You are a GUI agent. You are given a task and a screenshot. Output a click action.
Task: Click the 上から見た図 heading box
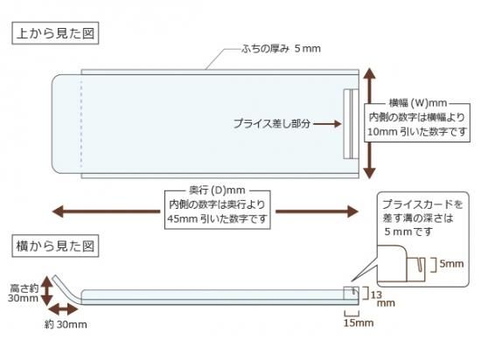55,33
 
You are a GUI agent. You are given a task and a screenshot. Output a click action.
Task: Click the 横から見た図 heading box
55,246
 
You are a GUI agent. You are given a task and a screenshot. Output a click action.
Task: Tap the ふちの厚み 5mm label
281,48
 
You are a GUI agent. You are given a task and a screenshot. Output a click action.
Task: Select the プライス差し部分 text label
272,123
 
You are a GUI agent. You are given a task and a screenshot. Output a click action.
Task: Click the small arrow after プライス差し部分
327,124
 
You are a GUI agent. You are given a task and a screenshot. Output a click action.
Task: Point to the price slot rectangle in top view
351,124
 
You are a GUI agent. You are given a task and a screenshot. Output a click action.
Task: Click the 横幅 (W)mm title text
418,103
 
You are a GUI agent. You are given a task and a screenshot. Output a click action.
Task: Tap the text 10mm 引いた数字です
417,132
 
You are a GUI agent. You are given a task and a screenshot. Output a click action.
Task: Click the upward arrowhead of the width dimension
370,73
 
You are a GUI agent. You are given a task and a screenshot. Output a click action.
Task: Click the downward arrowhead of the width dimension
370,173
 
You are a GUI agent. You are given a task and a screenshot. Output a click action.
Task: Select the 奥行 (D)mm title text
217,190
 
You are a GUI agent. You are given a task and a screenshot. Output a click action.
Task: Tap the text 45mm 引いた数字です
217,218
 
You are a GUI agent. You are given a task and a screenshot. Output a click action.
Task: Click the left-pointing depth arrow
106,211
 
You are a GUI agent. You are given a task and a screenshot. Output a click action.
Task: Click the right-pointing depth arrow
317,211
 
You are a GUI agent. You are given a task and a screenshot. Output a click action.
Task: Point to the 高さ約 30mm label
24,293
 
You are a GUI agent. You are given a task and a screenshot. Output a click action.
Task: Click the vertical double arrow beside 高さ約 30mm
46,291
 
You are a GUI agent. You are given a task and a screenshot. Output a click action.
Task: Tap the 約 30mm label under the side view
66,324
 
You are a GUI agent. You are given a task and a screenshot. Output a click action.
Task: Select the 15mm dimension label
359,322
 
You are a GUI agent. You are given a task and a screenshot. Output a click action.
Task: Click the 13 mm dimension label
382,299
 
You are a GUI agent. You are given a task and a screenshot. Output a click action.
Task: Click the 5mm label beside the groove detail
451,264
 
